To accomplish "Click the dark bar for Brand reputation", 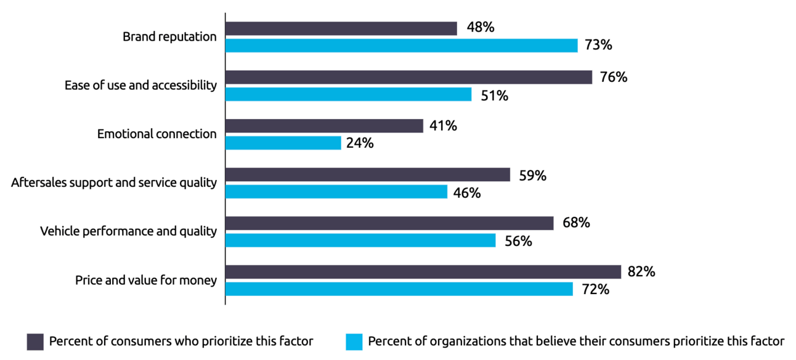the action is [x=341, y=28].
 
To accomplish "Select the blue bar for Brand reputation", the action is [x=402, y=46].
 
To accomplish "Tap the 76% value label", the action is [x=614, y=77].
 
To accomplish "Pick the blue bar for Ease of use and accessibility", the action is [x=348, y=94].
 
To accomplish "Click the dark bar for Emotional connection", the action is [x=324, y=126].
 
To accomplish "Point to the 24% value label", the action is [x=360, y=143].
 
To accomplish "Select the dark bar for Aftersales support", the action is [x=368, y=174].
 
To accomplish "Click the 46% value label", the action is [x=467, y=193].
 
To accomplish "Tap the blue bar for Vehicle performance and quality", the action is [x=360, y=240].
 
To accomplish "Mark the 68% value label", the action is [x=576, y=223].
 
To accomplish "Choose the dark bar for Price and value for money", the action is [x=423, y=272].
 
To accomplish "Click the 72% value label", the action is [x=595, y=290].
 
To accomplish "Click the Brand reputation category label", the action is [x=169, y=36].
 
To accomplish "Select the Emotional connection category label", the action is [x=156, y=134].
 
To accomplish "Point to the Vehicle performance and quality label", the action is [x=128, y=231].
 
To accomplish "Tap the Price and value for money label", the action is [x=145, y=280].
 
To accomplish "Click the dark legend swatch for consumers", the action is [x=35, y=342].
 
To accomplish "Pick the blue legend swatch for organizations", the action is [x=354, y=342].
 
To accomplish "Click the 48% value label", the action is [x=481, y=27].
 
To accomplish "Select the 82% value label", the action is [x=641, y=272].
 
